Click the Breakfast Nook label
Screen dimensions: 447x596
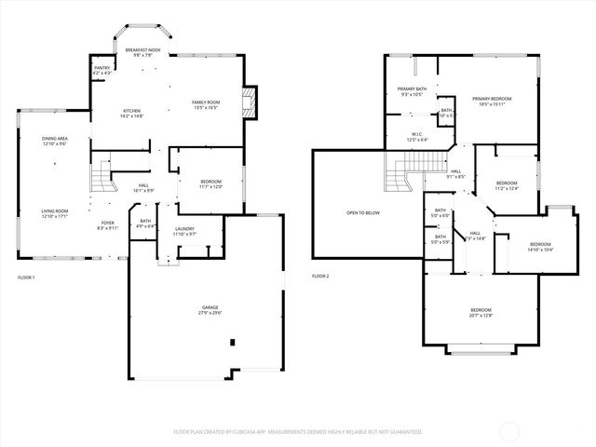pyautogui.click(x=143, y=48)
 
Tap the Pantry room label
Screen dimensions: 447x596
pyautogui.click(x=102, y=68)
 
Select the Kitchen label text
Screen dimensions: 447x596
pyautogui.click(x=131, y=111)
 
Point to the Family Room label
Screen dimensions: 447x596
pyautogui.click(x=205, y=102)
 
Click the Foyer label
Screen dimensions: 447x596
pyautogui.click(x=108, y=223)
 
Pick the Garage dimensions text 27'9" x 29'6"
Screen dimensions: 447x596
pyautogui.click(x=210, y=313)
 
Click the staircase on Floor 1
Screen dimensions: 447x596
pyautogui.click(x=101, y=173)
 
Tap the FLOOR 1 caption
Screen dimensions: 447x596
pyautogui.click(x=26, y=278)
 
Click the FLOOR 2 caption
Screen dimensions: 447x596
pyautogui.click(x=320, y=276)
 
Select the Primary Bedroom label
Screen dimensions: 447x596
pyautogui.click(x=493, y=99)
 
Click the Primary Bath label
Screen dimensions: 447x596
pyautogui.click(x=412, y=88)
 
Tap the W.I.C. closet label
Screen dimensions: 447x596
pyautogui.click(x=418, y=134)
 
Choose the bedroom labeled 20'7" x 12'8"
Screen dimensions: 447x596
pyautogui.click(x=481, y=309)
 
